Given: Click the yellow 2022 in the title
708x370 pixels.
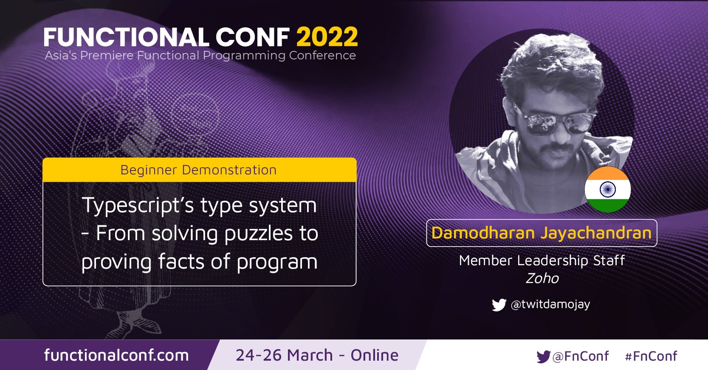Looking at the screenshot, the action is (327, 37).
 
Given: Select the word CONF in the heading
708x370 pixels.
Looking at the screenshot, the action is (253, 37).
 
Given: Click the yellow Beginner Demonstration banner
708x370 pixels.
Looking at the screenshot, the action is (200, 170).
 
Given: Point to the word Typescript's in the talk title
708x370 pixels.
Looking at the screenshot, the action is (138, 206).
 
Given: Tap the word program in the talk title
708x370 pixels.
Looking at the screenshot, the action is (277, 262).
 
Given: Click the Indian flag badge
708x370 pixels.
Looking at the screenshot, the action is (607, 189).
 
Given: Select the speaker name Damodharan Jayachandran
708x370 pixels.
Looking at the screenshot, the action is (542, 233).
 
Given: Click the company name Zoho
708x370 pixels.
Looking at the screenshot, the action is (542, 278).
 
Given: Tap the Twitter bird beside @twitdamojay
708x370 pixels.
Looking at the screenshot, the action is (499, 305).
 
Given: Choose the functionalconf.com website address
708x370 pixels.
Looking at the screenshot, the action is (116, 355).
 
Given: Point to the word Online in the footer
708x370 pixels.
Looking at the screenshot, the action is (375, 356).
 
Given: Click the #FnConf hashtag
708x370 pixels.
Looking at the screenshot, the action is (651, 356).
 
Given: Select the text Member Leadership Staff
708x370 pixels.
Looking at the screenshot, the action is (542, 261).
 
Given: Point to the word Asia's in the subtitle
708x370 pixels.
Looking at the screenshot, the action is (61, 56).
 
